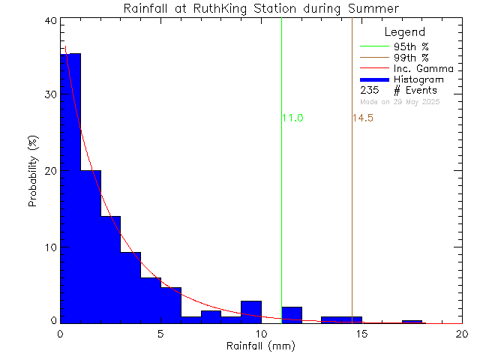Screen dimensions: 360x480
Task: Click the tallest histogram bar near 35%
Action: point(70,187)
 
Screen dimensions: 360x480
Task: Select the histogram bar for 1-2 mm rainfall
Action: point(91,247)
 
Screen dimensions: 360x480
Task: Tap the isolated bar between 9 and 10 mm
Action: point(251,311)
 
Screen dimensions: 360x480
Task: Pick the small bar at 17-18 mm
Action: point(412,322)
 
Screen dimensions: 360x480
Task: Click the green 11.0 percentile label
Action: point(292,118)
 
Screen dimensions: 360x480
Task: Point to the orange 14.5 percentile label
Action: point(363,118)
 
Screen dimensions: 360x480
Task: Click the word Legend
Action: point(405,32)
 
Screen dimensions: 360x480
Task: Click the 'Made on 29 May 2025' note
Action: point(400,101)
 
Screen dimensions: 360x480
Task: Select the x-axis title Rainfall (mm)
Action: point(261,346)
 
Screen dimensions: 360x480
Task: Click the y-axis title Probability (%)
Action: point(34,171)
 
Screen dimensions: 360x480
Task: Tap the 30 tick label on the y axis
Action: point(49,95)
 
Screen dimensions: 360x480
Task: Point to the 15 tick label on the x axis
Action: point(361,334)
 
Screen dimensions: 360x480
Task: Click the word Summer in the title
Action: point(377,8)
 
